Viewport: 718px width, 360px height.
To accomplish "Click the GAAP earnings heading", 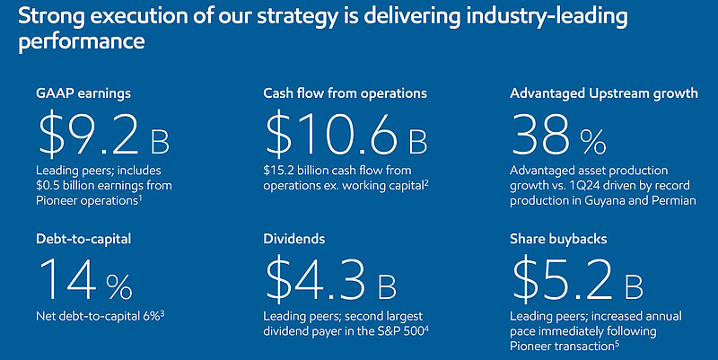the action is tap(83, 94).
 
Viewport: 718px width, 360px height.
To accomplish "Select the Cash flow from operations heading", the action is tap(345, 93).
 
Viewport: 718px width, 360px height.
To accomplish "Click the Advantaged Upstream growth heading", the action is tap(604, 93).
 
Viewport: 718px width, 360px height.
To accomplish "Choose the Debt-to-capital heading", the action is tap(83, 239).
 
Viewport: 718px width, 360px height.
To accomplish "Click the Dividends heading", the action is tap(294, 239).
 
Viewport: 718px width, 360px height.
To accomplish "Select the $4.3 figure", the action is tap(316, 280).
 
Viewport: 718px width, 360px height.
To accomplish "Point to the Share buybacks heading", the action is tap(558, 239).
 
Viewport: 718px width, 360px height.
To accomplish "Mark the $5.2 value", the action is tap(563, 280).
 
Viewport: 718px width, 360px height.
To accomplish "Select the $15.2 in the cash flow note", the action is tap(278, 171).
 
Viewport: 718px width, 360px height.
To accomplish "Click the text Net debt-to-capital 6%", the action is tap(98, 316).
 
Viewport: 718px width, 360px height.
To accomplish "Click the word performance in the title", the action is tap(82, 42).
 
